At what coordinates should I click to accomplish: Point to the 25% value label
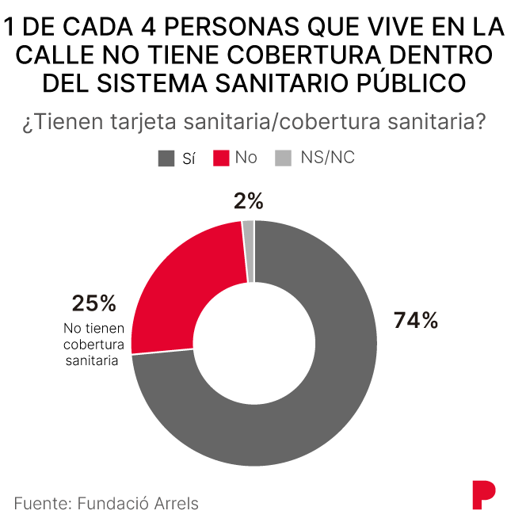(93, 303)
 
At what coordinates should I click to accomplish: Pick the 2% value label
(249, 201)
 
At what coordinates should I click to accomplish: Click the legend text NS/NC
(327, 158)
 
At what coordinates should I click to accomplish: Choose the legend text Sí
(189, 158)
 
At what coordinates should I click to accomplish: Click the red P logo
(481, 495)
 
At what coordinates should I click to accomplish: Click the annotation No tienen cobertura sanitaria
(93, 345)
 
